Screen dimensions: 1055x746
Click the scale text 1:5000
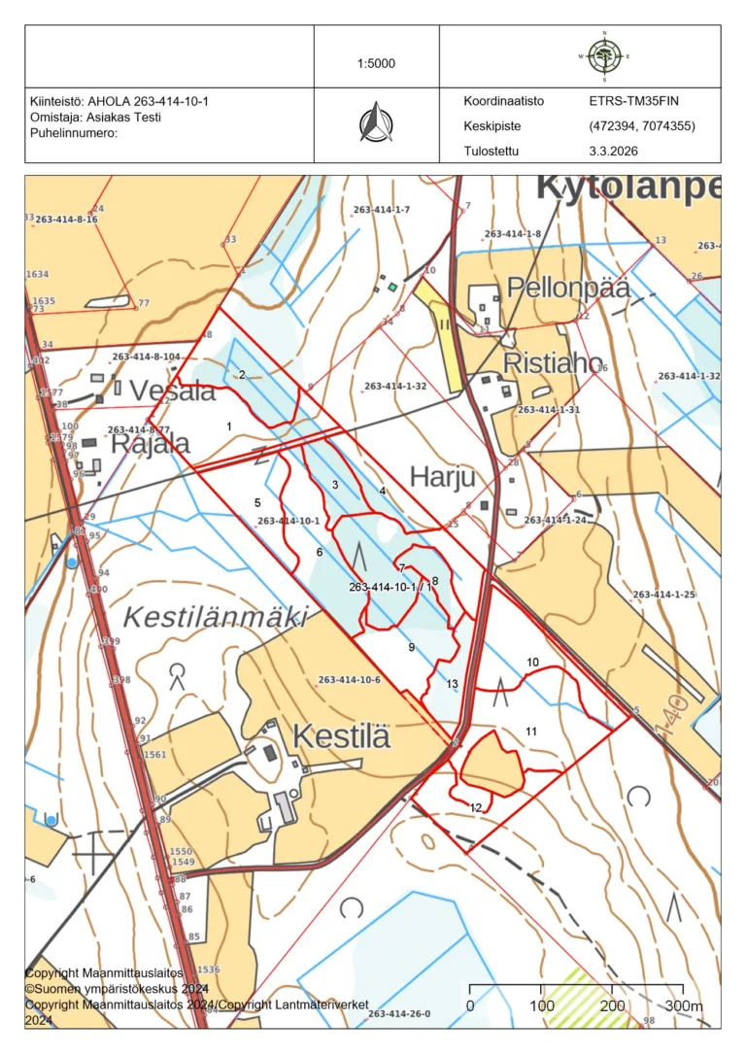[376, 64]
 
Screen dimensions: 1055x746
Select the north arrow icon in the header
[376, 123]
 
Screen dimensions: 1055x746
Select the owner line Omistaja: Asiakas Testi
[96, 118]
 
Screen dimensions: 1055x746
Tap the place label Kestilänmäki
[216, 616]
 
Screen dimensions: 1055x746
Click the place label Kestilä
[341, 735]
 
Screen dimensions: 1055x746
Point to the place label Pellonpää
[567, 289]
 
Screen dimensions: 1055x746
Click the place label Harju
[442, 477]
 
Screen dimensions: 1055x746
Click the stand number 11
[531, 731]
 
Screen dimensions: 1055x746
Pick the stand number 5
[257, 502]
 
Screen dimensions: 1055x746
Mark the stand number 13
[452, 684]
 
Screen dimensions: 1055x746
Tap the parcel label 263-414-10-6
[349, 679]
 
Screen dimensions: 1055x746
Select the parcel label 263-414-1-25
[663, 595]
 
